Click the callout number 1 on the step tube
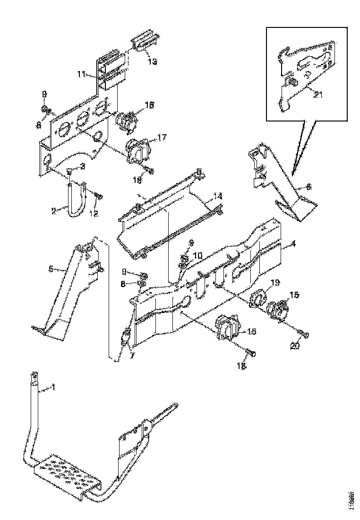(53, 388)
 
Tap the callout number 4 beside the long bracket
(293, 244)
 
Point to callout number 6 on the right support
(309, 187)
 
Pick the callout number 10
(197, 255)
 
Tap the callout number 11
(81, 74)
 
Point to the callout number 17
(162, 138)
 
